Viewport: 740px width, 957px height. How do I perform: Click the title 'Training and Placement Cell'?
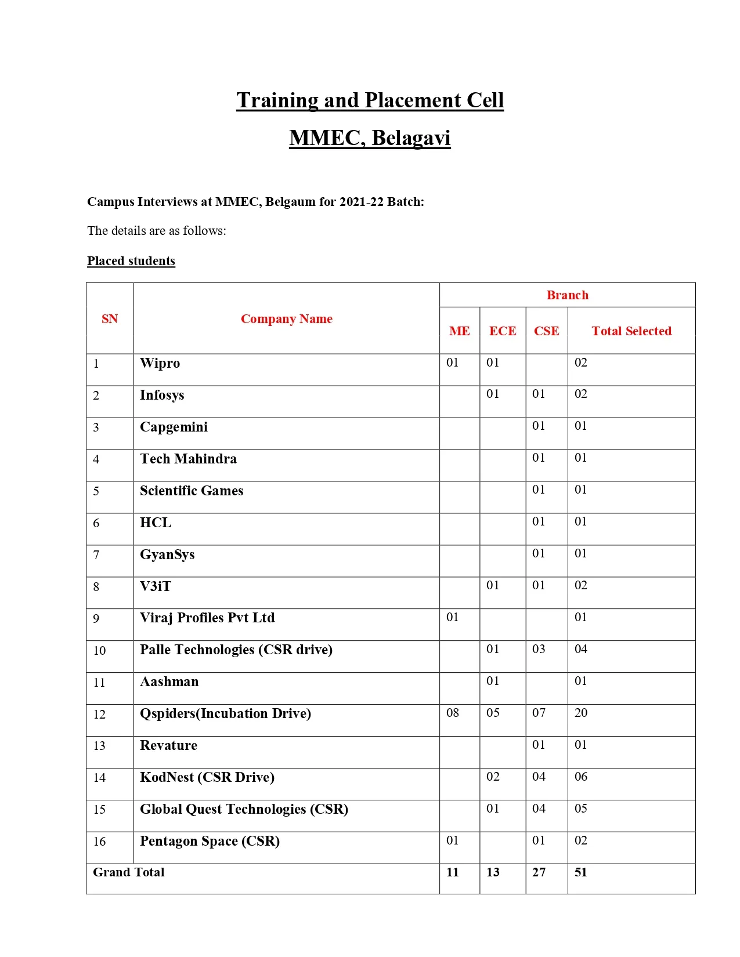(x=370, y=100)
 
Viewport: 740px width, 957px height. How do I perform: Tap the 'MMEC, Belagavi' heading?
(x=370, y=138)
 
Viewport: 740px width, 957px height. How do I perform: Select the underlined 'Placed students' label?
(x=131, y=261)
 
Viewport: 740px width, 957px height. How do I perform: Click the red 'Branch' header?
(x=567, y=295)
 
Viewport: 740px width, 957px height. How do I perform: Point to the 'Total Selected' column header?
(x=631, y=331)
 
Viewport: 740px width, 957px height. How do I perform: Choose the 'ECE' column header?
(x=502, y=331)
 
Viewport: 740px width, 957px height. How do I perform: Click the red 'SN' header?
(x=110, y=319)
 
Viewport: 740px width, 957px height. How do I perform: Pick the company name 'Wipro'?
(x=160, y=364)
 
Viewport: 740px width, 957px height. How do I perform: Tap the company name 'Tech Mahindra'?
(x=188, y=459)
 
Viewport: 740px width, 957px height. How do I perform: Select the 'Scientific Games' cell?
(x=192, y=491)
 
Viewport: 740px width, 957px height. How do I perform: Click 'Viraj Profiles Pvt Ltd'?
(x=207, y=618)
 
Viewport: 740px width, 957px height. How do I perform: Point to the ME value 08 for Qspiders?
(x=453, y=713)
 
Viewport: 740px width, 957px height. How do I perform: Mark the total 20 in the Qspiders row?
(x=581, y=713)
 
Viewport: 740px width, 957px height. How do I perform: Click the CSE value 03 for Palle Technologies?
(x=539, y=649)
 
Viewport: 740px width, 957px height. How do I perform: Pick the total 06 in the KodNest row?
(x=581, y=777)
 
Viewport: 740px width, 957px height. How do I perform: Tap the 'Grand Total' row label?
(x=129, y=872)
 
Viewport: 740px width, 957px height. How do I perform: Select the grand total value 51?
(x=581, y=872)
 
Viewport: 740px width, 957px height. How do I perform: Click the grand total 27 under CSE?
(x=539, y=872)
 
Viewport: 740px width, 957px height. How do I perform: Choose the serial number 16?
(x=99, y=842)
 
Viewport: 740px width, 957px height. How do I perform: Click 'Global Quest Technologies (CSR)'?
(x=244, y=810)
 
